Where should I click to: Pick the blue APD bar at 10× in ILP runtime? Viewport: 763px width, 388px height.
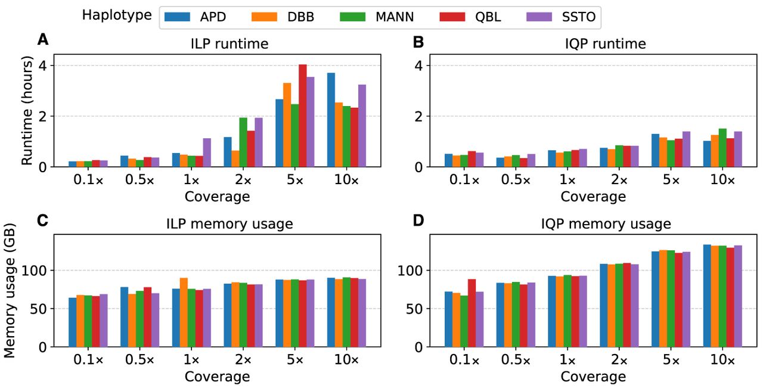pyautogui.click(x=331, y=120)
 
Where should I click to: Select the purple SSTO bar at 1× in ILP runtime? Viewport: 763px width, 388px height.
pyautogui.click(x=207, y=153)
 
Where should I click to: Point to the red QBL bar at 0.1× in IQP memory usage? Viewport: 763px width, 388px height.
pyautogui.click(x=472, y=313)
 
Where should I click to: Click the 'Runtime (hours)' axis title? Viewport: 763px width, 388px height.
pyautogui.click(x=27, y=110)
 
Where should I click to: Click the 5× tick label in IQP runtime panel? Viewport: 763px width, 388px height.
pyautogui.click(x=671, y=179)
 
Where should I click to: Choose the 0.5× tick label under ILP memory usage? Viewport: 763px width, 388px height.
pyautogui.click(x=139, y=359)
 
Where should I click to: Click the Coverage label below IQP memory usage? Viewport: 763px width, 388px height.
pyautogui.click(x=593, y=377)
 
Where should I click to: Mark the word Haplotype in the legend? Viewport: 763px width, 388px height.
pyautogui.click(x=117, y=15)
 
